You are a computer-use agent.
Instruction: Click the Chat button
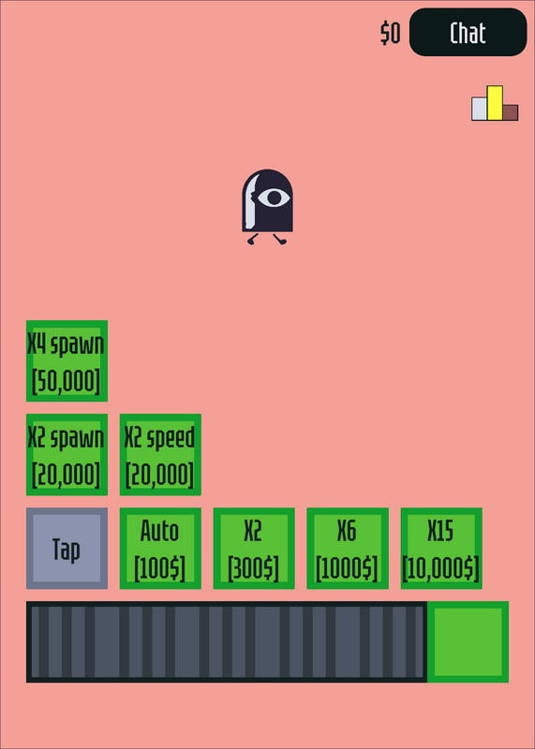point(468,32)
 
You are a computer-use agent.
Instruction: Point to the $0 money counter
point(390,34)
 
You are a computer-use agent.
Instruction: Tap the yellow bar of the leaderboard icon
point(495,103)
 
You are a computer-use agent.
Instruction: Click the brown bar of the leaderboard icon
point(510,112)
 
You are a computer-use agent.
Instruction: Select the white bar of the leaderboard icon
point(479,109)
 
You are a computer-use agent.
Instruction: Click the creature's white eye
point(274,198)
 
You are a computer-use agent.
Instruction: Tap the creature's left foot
point(253,239)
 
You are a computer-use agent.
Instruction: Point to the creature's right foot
point(280,239)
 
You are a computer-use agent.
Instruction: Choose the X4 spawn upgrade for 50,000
point(67,360)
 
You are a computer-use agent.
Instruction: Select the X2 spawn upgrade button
point(67,454)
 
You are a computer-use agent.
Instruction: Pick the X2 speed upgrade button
point(160,454)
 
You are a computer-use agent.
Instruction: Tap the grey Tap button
point(67,548)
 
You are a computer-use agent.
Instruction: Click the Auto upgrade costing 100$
point(160,548)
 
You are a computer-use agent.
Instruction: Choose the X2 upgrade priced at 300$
point(254,548)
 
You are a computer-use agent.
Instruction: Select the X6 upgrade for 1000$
point(348,548)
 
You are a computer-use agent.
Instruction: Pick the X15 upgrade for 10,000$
point(441,548)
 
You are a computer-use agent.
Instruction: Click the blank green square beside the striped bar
point(468,641)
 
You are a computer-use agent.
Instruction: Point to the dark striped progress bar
point(227,641)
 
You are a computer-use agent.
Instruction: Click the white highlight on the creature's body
point(250,202)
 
